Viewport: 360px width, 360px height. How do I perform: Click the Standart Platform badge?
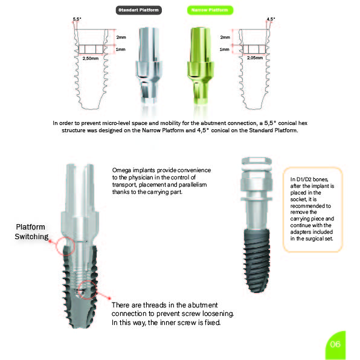[139, 10]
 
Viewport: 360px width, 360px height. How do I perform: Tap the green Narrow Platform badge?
[210, 10]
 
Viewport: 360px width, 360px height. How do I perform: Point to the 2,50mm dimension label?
[91, 59]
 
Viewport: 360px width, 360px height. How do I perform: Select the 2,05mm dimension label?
[255, 58]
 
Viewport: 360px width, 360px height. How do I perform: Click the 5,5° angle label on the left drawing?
[77, 19]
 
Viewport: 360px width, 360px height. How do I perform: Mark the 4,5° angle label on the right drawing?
[271, 19]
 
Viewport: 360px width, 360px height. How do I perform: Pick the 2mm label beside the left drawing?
[121, 37]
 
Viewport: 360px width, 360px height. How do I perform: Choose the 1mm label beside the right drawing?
[224, 50]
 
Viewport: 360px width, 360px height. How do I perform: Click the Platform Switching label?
[31, 232]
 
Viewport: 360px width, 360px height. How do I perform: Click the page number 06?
[335, 344]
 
